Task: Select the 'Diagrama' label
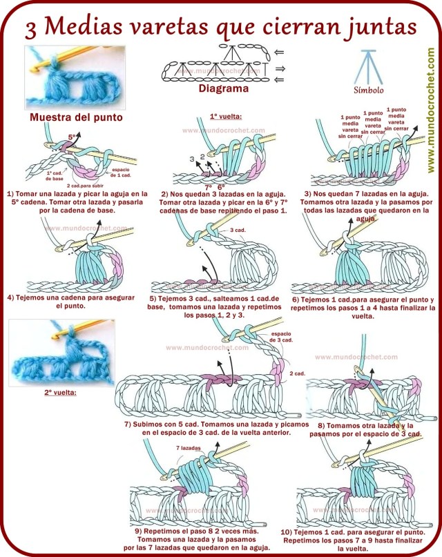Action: (223, 89)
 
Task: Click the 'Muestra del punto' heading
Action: (76, 117)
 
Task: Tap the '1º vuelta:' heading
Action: (221, 117)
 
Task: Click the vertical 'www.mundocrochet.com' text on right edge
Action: (430, 110)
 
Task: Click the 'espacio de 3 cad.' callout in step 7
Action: (281, 337)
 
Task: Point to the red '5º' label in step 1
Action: (71, 137)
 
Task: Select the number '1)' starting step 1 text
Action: (10, 194)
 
